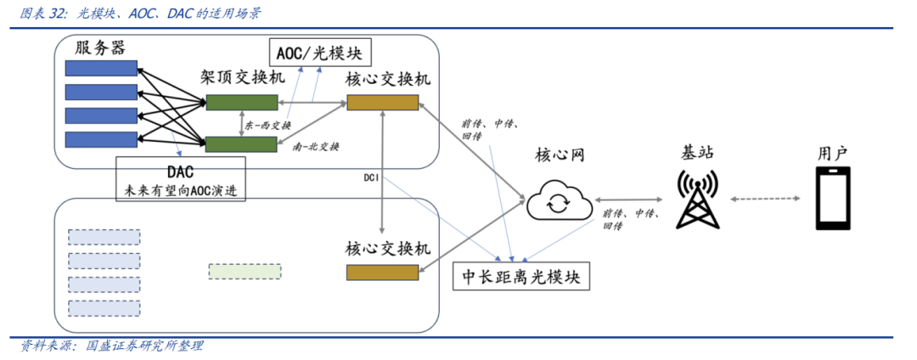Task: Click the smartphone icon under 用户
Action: (833, 198)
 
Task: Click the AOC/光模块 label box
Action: (318, 53)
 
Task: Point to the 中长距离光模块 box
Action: (520, 277)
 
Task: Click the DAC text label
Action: (181, 170)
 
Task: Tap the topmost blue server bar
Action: (103, 68)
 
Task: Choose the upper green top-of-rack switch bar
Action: (242, 103)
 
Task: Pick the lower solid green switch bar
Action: (242, 143)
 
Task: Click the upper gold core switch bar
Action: (382, 103)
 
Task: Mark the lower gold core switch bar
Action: (382, 272)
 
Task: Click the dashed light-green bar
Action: (244, 272)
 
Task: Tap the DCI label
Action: (371, 177)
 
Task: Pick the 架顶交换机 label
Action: (242, 79)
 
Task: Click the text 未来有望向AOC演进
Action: (181, 190)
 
